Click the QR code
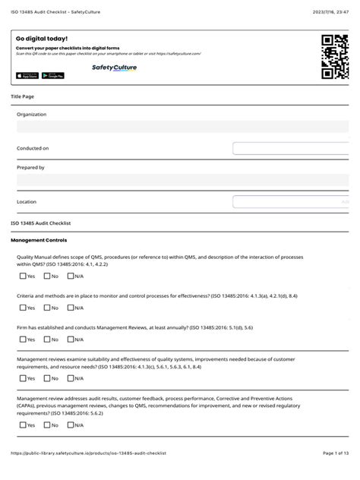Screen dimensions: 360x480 [334, 58]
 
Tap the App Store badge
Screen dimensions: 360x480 [27, 75]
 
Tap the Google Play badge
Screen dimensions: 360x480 [52, 75]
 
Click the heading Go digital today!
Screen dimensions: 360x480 [42, 38]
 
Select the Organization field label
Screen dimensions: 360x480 [31, 115]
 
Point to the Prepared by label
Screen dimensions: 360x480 [30, 167]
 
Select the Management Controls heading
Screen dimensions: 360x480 [35, 240]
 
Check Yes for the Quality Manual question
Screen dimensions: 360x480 [23, 276]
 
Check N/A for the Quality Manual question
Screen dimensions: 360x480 [70, 276]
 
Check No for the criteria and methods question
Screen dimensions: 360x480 [47, 308]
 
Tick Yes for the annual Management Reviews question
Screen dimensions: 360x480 [23, 339]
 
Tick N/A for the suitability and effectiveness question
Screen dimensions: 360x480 [70, 377]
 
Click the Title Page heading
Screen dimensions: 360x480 [22, 96]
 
